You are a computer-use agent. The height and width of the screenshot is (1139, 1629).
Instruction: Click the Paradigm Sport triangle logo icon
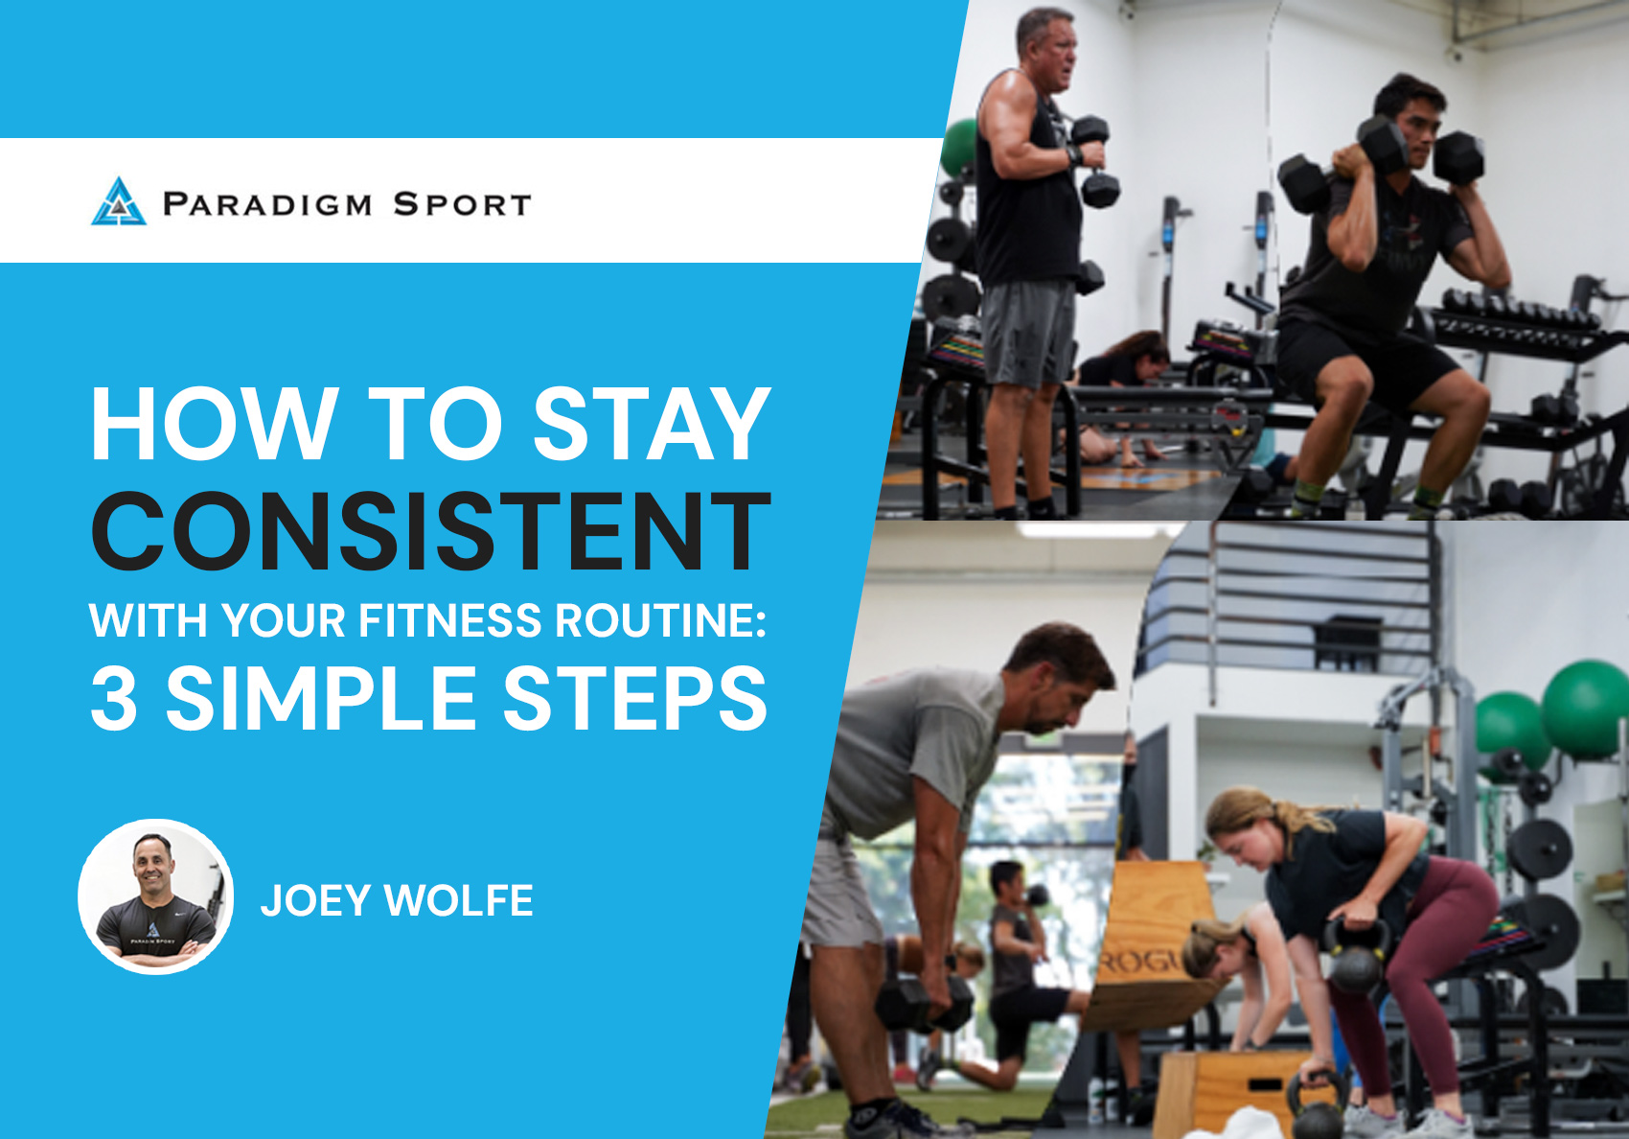pyautogui.click(x=119, y=201)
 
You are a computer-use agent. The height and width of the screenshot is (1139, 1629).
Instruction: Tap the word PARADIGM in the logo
pyautogui.click(x=267, y=204)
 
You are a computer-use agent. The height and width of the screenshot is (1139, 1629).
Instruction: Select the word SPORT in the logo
pyautogui.click(x=462, y=204)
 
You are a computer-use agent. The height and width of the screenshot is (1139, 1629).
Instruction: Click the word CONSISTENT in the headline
pyautogui.click(x=430, y=531)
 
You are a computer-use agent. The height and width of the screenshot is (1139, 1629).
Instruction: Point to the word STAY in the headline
pyautogui.click(x=652, y=424)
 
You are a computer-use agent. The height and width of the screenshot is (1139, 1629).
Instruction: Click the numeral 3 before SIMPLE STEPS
pyautogui.click(x=113, y=698)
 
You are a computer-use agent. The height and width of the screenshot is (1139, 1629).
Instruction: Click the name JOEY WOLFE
pyautogui.click(x=397, y=900)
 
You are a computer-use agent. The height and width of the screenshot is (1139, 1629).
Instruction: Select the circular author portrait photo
pyautogui.click(x=155, y=896)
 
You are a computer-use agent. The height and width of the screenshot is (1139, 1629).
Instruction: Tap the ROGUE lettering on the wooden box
pyautogui.click(x=1142, y=963)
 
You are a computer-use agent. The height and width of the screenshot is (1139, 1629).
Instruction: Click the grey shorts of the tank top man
pyautogui.click(x=1027, y=334)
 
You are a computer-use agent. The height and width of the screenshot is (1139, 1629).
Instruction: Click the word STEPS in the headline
pyautogui.click(x=635, y=698)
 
